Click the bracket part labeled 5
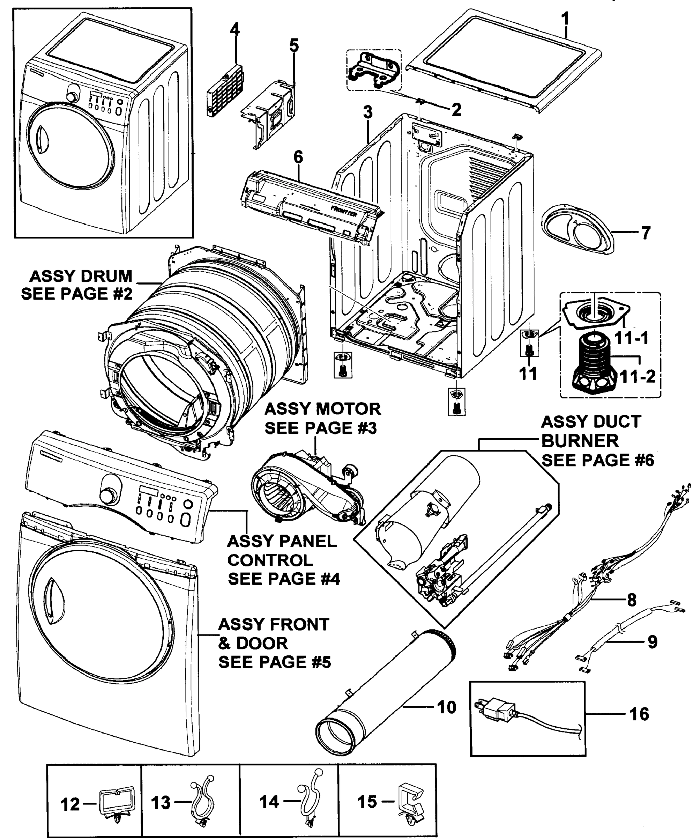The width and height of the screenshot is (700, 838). [271, 112]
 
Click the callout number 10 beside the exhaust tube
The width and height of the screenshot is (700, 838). [446, 707]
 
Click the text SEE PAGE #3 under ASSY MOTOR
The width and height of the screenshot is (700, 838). [320, 428]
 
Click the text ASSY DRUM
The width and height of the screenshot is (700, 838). [81, 276]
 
